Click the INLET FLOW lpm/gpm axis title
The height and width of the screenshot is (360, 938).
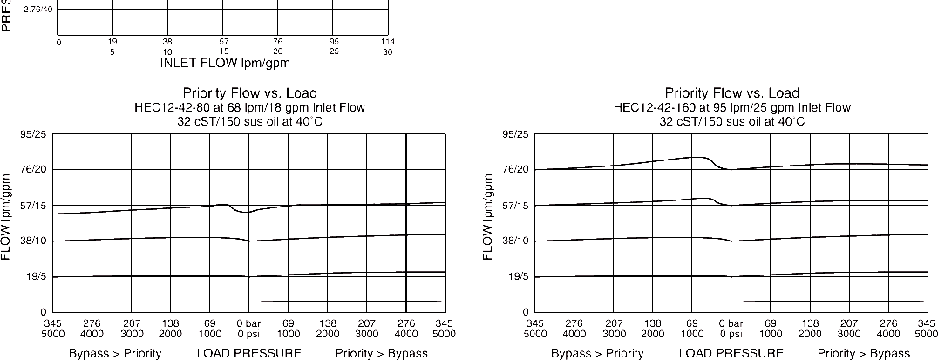click(x=225, y=63)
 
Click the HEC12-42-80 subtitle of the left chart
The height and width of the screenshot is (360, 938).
click(x=249, y=107)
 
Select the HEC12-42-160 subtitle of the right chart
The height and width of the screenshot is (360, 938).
click(x=731, y=107)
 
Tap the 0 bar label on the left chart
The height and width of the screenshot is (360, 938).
click(x=248, y=324)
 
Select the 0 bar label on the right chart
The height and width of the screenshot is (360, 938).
click(x=731, y=324)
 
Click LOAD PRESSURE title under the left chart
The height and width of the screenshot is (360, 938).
click(x=248, y=353)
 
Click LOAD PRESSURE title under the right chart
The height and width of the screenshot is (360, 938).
click(x=731, y=353)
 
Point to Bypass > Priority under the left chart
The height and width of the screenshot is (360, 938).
click(x=116, y=353)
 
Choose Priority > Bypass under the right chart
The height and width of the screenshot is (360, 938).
click(x=863, y=353)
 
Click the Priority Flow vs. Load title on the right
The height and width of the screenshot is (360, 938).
click(x=731, y=93)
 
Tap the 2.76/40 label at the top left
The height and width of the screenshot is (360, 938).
click(x=37, y=10)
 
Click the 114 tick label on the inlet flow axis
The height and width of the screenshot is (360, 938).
click(x=388, y=41)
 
